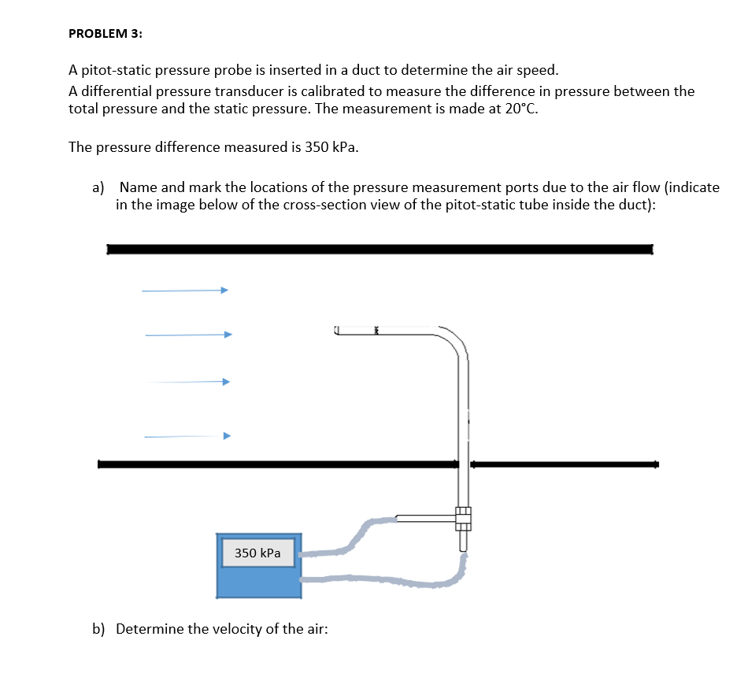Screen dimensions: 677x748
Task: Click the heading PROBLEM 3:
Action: (106, 34)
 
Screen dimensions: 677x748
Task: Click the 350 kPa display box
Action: (258, 553)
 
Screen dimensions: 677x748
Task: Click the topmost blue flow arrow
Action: (185, 290)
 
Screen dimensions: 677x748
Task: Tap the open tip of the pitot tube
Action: (337, 331)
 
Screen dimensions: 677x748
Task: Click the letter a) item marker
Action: (99, 188)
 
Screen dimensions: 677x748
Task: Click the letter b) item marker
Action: (99, 629)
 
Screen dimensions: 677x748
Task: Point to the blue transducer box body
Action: (258, 583)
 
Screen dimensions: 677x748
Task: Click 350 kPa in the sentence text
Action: (328, 147)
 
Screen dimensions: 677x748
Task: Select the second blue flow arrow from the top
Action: (187, 335)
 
